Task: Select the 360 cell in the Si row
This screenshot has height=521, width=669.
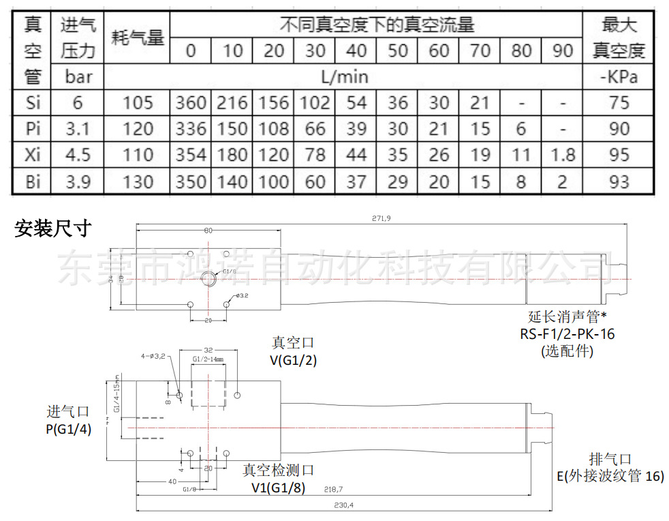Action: coord(190,103)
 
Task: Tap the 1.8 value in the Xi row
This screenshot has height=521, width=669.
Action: coord(562,155)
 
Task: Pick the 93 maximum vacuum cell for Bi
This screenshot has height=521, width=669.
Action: coord(619,181)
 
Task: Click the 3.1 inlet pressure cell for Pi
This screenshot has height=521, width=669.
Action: coord(78,129)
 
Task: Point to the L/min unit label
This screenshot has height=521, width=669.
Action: coord(343,76)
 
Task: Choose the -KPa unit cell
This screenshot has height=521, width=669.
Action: coord(619,76)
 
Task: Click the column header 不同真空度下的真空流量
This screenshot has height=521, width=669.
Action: coord(376,26)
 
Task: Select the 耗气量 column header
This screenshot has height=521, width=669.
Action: coord(138,38)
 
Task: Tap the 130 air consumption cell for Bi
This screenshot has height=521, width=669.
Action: coord(138,181)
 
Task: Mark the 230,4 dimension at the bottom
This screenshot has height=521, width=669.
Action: coord(344,505)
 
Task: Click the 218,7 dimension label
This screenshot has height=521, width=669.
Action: coord(333,489)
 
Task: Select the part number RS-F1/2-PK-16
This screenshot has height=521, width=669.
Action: coord(567,334)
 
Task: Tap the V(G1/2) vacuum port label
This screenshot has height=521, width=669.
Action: coord(293,361)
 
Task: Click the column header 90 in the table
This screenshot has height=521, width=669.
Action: coord(562,50)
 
